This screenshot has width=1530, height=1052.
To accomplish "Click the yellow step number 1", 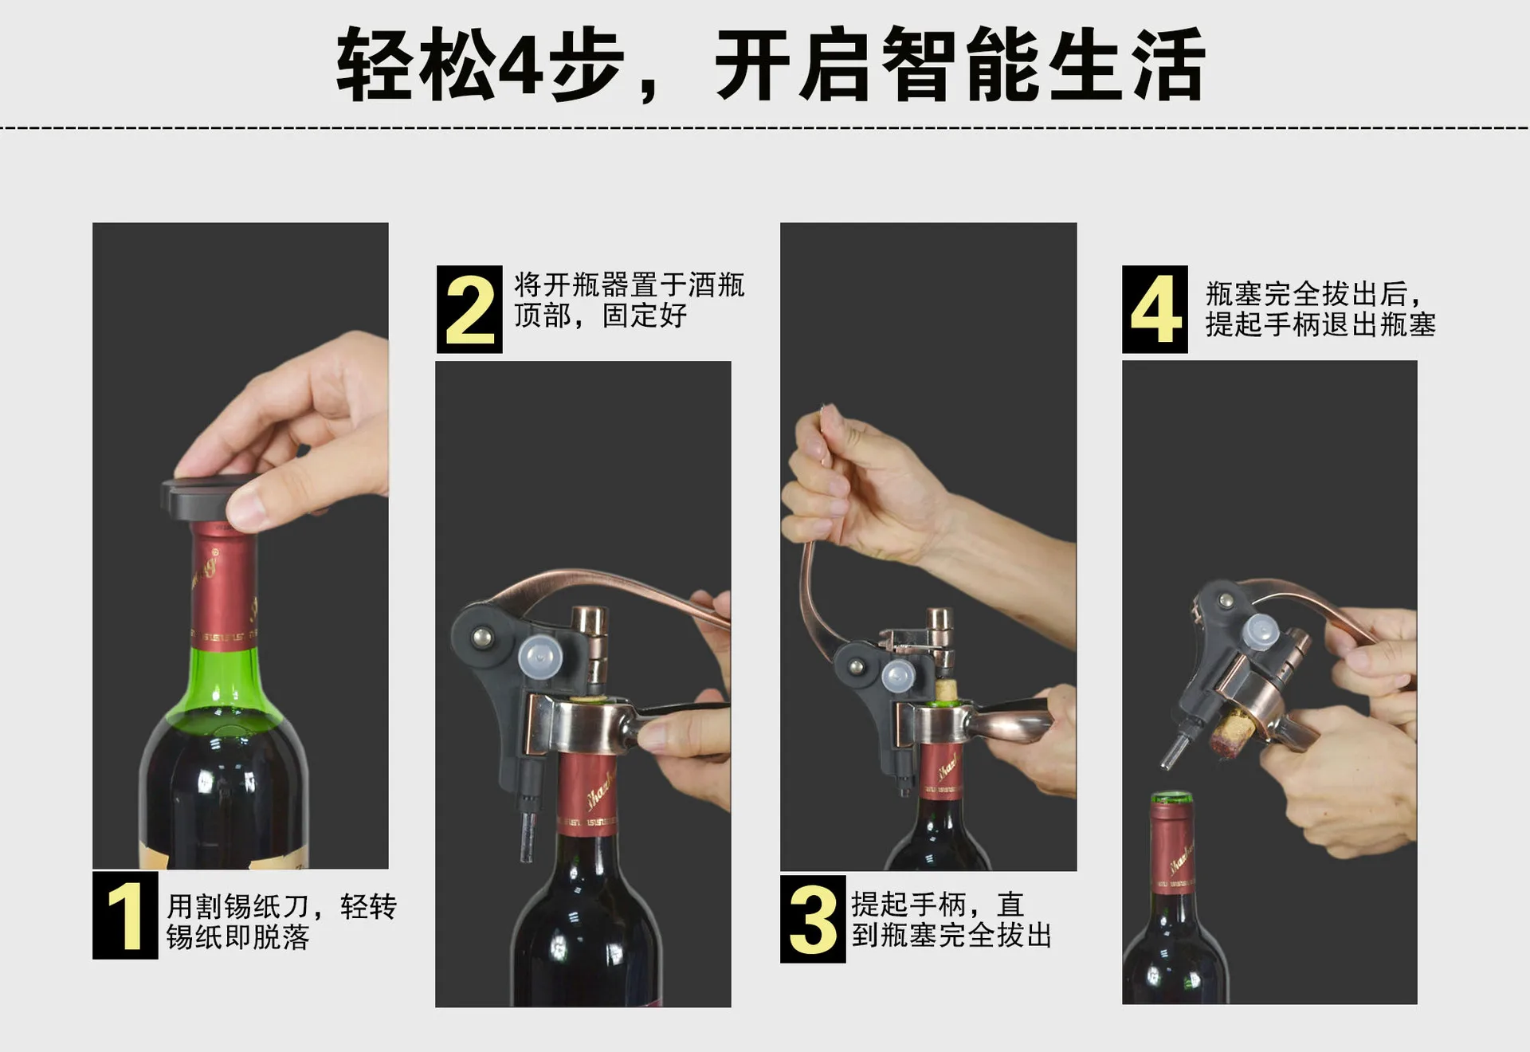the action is click(x=125, y=916).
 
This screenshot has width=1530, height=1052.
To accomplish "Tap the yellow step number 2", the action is click(x=470, y=309).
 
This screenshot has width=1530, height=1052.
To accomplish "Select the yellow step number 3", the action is click(x=813, y=920).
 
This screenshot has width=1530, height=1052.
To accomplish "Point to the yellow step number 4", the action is click(x=1155, y=309).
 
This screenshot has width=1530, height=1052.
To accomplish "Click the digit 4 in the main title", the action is click(x=520, y=65).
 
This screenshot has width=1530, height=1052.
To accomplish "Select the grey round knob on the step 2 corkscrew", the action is click(x=540, y=657).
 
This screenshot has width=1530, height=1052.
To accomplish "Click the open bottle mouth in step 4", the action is click(x=1170, y=798).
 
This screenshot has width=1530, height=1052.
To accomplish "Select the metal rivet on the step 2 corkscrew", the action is click(x=481, y=636).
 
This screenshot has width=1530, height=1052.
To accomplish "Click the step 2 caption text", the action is click(x=629, y=300).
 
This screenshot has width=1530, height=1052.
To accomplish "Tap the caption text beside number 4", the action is click(x=1320, y=309).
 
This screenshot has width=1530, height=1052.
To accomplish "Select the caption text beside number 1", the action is click(x=281, y=921).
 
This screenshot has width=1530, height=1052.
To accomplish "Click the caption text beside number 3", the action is click(x=951, y=920).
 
